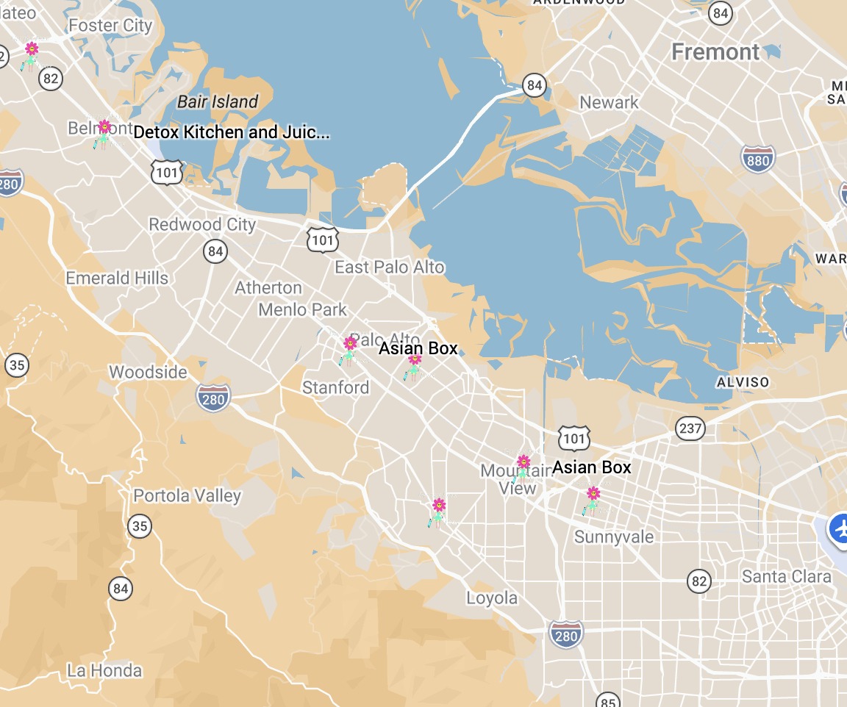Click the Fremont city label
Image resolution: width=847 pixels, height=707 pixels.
pos(715,52)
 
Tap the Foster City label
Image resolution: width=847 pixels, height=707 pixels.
pos(110,26)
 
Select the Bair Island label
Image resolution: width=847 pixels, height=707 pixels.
pos(218,101)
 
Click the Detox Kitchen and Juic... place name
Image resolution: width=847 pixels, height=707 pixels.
pos(232,132)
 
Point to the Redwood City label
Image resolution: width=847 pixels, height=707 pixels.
pos(202,224)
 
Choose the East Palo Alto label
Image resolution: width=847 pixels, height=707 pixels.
pos(390,267)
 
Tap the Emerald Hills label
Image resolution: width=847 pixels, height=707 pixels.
pos(117,279)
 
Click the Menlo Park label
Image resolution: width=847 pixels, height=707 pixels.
pos(302,310)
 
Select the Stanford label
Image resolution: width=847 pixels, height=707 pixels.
pos(336,387)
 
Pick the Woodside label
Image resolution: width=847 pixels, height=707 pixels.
pos(148,372)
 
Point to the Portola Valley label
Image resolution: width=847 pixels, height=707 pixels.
pos(187,495)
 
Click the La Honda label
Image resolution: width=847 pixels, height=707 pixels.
pos(104,670)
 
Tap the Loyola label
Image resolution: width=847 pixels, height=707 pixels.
pos(492,598)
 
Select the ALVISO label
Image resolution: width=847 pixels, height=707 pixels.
pos(743,382)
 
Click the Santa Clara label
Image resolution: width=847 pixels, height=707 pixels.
pos(786,576)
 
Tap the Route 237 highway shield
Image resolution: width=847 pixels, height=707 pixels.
pos(690,428)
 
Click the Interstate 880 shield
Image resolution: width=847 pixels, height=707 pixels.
pos(757,158)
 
